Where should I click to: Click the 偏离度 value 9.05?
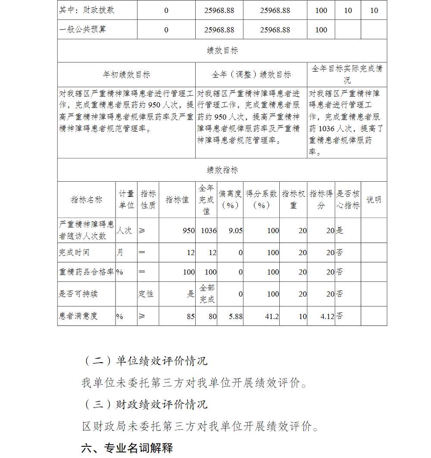click(235, 231)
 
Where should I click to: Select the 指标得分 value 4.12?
click(327, 316)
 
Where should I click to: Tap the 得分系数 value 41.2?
click(272, 316)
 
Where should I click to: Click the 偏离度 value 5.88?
click(235, 316)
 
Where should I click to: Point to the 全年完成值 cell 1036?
click(209, 231)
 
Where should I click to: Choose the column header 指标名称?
click(87, 199)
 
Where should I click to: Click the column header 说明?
click(374, 199)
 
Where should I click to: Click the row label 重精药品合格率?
click(86, 272)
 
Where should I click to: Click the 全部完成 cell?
click(207, 294)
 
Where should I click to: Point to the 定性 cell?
click(146, 294)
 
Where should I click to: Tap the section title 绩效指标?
click(222, 170)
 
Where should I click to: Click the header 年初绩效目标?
click(126, 75)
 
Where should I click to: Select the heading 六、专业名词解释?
click(127, 448)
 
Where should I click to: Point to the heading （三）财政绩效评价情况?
click(145, 404)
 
